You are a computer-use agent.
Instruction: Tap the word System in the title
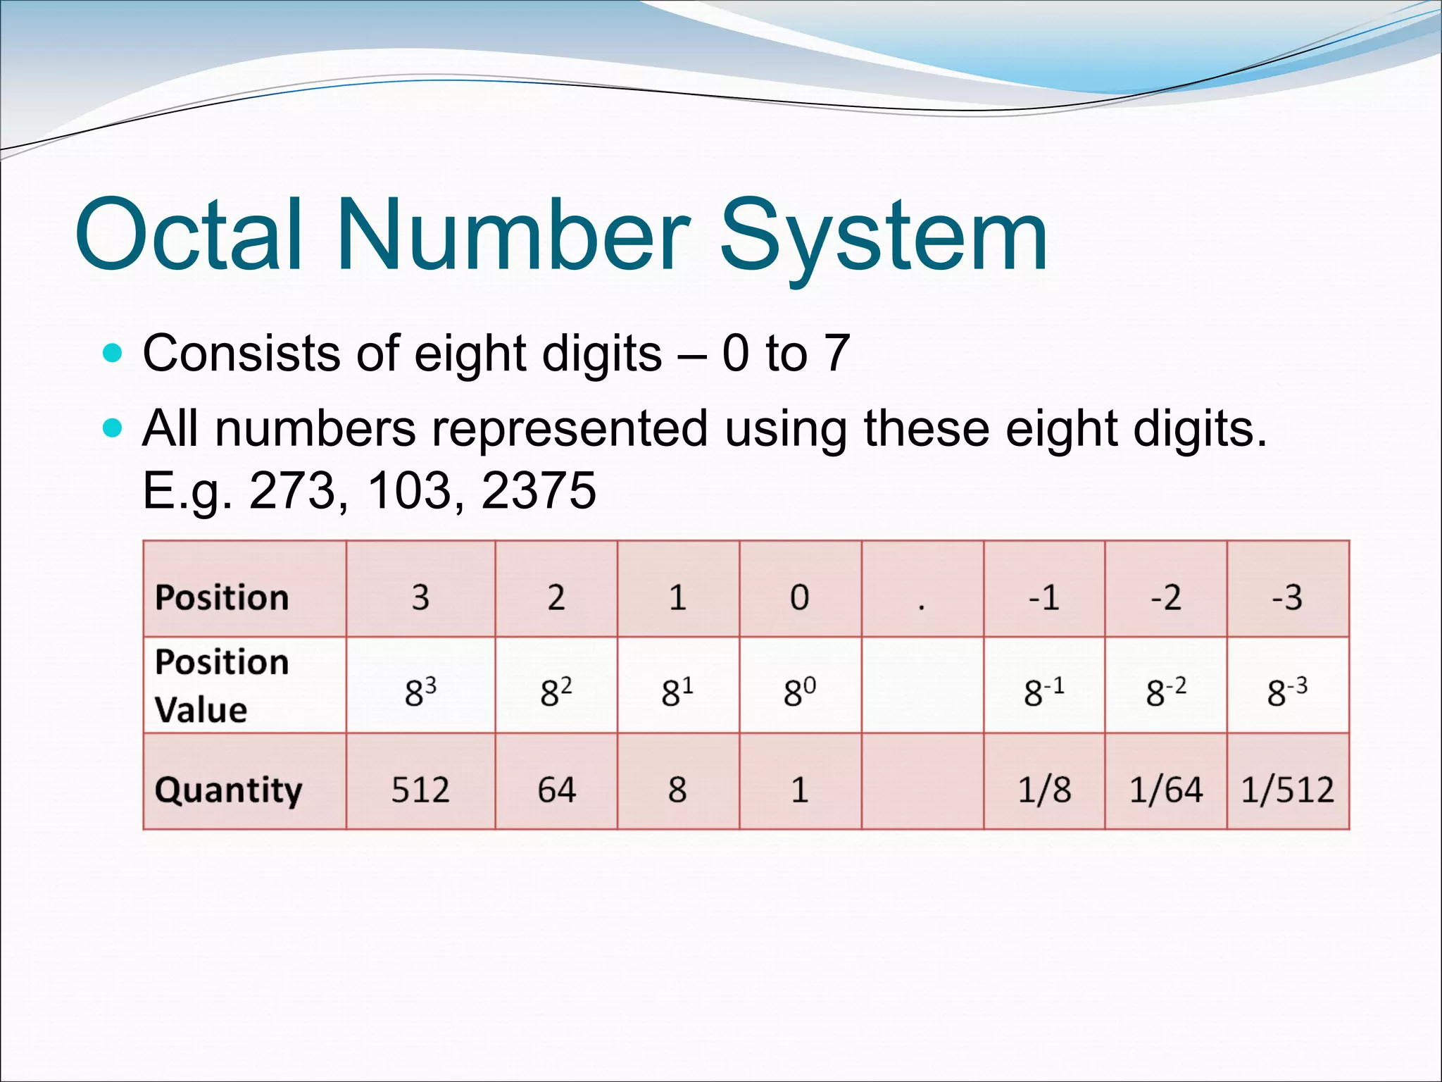(884, 236)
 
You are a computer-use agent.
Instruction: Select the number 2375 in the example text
(539, 490)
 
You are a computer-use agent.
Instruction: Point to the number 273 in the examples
(292, 490)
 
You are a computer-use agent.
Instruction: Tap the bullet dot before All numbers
(112, 428)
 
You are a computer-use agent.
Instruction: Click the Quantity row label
(228, 790)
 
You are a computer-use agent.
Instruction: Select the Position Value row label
(221, 685)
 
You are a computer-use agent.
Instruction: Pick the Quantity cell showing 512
(420, 790)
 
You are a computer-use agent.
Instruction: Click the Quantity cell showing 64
(556, 790)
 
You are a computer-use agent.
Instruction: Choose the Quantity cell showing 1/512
(1287, 790)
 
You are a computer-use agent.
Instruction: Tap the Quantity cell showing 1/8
(1044, 790)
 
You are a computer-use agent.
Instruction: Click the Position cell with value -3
(1287, 597)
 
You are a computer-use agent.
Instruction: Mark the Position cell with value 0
(799, 597)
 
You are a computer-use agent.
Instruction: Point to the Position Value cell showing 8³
(420, 691)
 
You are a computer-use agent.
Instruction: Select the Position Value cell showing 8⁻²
(1165, 691)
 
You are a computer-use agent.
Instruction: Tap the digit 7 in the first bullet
(836, 353)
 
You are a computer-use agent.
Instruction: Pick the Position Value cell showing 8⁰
(799, 691)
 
